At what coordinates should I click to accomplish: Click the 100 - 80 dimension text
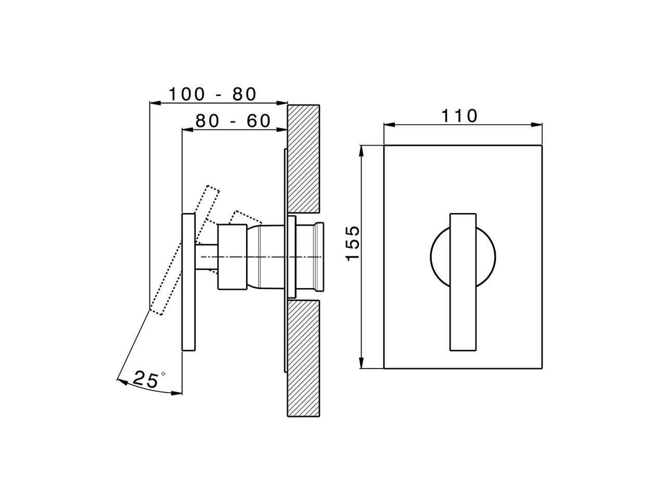(212, 94)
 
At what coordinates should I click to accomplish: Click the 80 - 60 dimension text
(233, 121)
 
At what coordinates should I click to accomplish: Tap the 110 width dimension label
(459, 116)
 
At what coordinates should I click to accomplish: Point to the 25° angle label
(146, 379)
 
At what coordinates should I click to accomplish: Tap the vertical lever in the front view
(463, 281)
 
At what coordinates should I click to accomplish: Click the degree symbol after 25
(163, 373)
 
